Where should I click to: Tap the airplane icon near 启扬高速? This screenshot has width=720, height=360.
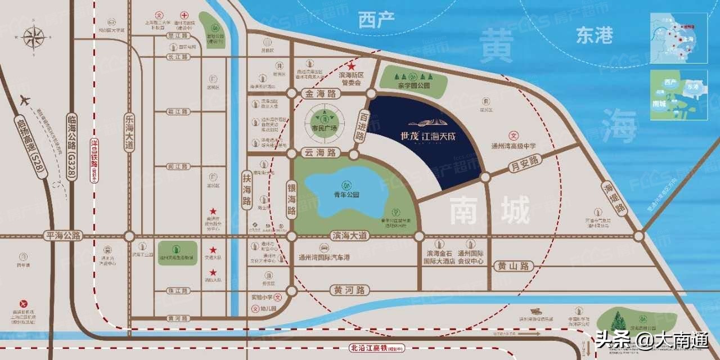25,100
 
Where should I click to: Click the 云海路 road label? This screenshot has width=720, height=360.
319,153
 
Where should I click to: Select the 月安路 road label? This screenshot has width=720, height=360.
524,164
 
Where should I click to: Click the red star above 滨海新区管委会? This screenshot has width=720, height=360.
353,66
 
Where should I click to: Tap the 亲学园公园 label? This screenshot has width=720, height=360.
413,86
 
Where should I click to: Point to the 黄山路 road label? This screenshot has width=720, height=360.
515,265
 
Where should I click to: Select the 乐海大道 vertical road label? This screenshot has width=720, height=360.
129,130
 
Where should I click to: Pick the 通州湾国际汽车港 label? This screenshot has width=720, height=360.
325,257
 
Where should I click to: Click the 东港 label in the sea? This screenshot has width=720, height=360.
594,36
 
